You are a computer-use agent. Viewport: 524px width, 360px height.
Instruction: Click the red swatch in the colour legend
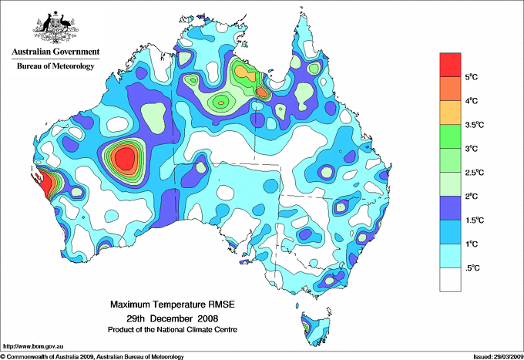[x=450, y=64]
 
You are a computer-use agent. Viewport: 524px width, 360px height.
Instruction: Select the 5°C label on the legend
[x=472, y=77]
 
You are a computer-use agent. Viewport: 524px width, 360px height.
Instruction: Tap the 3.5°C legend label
[x=475, y=125]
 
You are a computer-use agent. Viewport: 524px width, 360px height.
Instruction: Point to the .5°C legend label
[x=473, y=267]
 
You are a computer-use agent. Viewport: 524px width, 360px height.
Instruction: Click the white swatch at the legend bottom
[x=450, y=279]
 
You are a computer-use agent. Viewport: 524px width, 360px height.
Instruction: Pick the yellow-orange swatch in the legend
[x=450, y=112]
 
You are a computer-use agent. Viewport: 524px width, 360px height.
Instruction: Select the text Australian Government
[x=55, y=52]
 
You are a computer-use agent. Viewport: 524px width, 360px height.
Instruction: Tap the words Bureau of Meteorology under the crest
[x=55, y=66]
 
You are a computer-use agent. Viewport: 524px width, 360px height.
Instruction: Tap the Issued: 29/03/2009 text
[x=497, y=356]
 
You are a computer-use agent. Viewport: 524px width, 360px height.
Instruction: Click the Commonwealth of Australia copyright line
[x=92, y=356]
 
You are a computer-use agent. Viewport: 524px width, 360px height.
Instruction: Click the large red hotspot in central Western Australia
[x=123, y=160]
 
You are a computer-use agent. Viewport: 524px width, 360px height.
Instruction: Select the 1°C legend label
[x=472, y=244]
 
